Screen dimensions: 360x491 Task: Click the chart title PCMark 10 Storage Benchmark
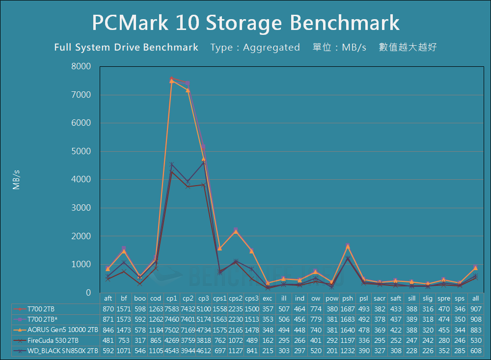click(245, 23)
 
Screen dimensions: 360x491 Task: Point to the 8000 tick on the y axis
click(82, 67)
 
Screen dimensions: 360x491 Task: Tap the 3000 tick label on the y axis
click(82, 208)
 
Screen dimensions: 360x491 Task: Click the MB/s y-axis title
click(16, 180)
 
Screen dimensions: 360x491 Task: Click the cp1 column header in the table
click(172, 298)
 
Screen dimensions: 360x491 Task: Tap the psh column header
click(348, 298)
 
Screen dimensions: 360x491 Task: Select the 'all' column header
click(476, 298)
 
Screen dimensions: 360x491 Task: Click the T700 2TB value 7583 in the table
click(172, 308)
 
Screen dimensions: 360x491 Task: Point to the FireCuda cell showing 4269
click(172, 340)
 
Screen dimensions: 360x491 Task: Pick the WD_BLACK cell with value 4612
click(204, 351)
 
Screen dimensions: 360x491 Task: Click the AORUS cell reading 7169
click(188, 330)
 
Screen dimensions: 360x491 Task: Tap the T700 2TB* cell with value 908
click(476, 319)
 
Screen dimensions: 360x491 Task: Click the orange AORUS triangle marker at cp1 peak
click(172, 81)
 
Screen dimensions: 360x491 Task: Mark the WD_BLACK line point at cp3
click(204, 162)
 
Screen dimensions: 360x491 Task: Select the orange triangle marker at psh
click(348, 247)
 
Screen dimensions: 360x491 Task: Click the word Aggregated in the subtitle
click(271, 48)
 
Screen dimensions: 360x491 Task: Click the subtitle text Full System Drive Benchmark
click(126, 48)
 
